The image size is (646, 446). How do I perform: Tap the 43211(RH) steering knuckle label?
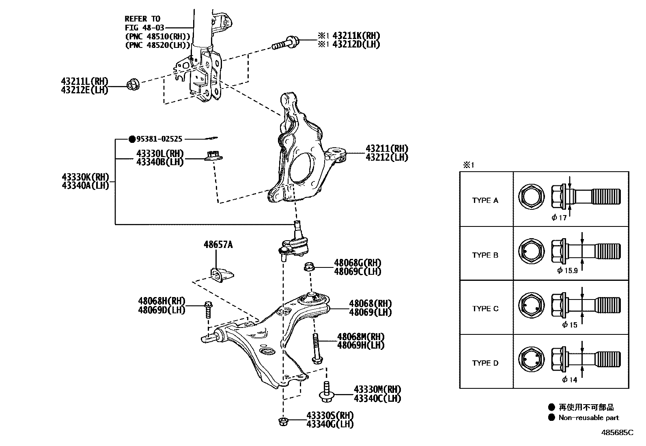387,149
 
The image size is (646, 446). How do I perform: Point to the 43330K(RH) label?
85,177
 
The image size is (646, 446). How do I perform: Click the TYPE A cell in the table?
485,200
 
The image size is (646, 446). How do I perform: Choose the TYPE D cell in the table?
485,363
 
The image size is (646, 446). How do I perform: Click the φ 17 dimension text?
559,218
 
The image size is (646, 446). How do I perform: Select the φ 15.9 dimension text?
567,271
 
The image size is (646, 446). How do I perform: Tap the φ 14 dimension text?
570,380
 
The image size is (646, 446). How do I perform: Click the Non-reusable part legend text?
588,418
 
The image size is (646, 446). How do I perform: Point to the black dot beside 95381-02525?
131,139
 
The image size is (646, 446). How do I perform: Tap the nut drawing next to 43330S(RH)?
283,421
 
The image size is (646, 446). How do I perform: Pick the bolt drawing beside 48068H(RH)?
208,310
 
